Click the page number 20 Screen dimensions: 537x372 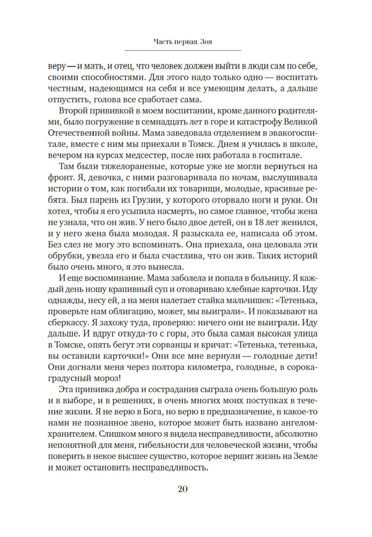click(182, 489)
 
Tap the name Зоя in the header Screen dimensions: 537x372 click(206, 42)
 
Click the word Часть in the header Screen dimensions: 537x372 click(162, 42)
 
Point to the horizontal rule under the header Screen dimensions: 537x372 click(182, 50)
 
